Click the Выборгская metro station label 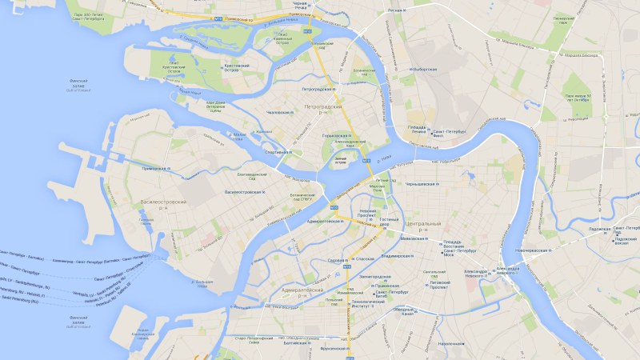click(424, 70)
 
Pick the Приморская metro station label click(153, 169)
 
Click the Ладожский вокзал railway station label click(625, 240)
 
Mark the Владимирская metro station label click(395, 256)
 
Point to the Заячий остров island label click(341, 163)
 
